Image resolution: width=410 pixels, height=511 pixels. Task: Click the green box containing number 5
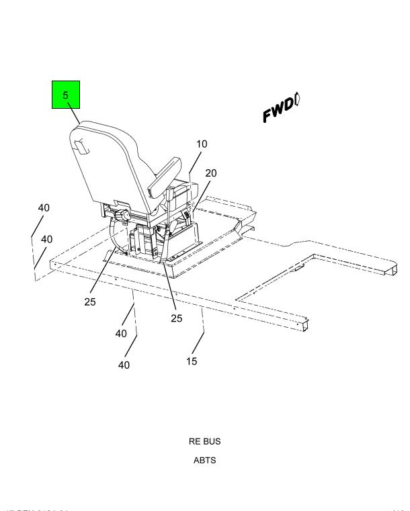66,95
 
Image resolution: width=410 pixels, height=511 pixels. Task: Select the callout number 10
202,144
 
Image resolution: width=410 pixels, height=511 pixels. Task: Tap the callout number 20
211,173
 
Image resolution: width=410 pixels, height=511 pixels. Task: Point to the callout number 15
192,361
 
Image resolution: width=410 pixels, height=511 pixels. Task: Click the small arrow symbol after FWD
297,99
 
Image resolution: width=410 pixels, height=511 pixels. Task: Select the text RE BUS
204,441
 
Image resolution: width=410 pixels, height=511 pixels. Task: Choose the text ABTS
204,460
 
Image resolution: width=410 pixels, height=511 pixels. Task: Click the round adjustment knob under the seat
124,216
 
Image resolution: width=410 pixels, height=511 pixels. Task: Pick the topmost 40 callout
44,208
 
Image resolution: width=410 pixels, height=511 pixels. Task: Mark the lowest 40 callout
124,365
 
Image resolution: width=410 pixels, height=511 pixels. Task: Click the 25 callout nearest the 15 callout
176,318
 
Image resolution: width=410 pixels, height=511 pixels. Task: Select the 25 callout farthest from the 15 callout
90,301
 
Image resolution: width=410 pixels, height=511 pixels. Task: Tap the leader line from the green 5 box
73,115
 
